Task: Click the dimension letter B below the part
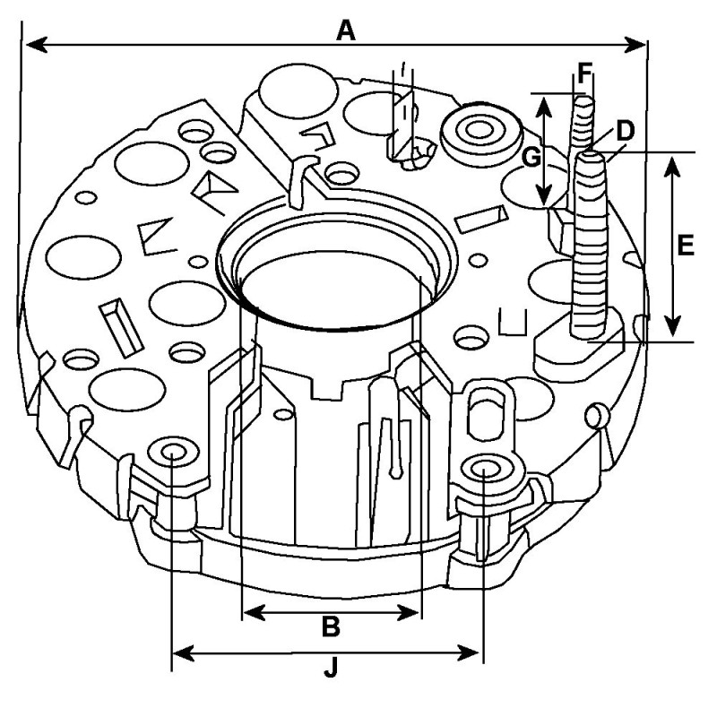pos(331,626)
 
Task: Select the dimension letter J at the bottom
pos(331,667)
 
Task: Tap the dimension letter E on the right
pos(686,246)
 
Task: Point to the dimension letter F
pos(585,71)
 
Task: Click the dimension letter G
pos(531,158)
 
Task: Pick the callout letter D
pos(625,130)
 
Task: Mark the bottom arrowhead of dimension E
pos(675,330)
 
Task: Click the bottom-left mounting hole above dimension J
pos(171,452)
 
